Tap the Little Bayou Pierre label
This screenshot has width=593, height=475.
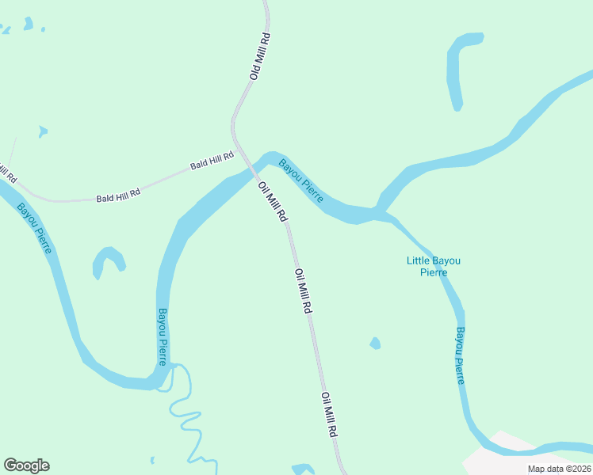click(433, 266)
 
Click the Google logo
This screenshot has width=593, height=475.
click(26, 465)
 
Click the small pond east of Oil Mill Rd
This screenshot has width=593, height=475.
click(375, 344)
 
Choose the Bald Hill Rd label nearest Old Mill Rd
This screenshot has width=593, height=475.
click(212, 161)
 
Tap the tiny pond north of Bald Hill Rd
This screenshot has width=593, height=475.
click(42, 131)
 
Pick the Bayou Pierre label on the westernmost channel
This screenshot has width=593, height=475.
click(35, 228)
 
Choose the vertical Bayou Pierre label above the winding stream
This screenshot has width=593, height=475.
click(162, 336)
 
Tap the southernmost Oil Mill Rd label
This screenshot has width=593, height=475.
click(330, 415)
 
